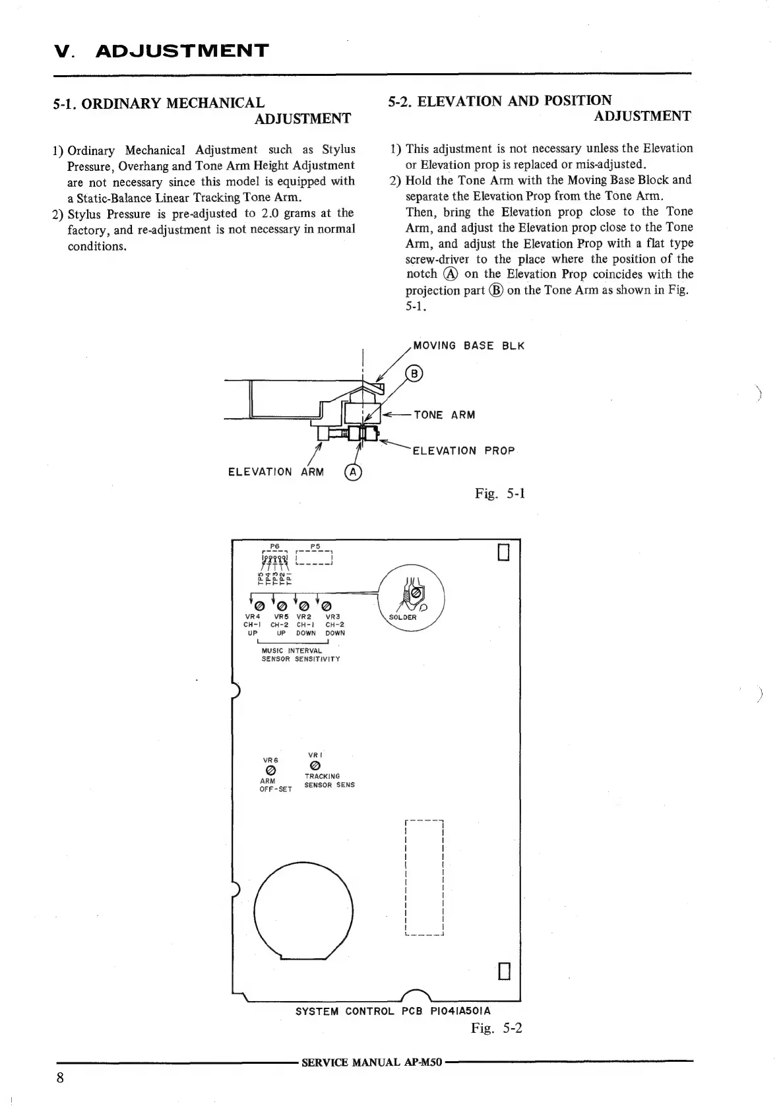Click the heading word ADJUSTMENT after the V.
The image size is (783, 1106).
[x=182, y=51]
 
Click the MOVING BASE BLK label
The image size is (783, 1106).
[x=468, y=346]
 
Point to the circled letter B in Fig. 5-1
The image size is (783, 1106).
[x=414, y=374]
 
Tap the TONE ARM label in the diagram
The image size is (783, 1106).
[x=444, y=415]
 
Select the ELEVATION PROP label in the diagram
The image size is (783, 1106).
[x=463, y=451]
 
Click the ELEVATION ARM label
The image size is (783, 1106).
[x=276, y=472]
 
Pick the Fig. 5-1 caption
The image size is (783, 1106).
[x=499, y=493]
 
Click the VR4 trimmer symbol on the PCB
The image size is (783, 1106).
[x=259, y=605]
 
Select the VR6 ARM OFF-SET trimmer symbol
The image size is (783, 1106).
[x=270, y=770]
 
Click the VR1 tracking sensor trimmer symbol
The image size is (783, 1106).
[x=315, y=765]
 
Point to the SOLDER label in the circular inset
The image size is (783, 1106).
[x=402, y=617]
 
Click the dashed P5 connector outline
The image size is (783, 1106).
[x=316, y=559]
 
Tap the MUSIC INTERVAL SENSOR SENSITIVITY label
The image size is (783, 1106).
[x=300, y=655]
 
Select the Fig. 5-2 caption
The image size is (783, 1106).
[x=496, y=1028]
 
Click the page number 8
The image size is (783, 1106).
[x=60, y=1078]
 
